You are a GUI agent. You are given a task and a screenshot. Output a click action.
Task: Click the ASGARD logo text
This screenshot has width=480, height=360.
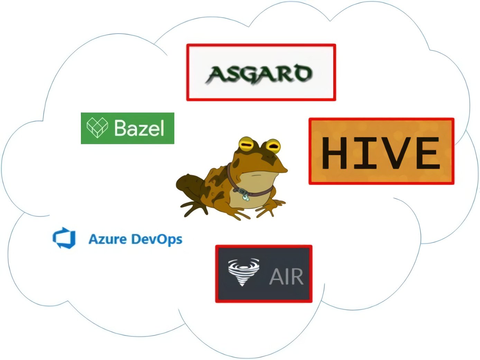tap(259, 74)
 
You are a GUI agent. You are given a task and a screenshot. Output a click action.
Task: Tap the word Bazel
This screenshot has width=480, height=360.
tap(139, 128)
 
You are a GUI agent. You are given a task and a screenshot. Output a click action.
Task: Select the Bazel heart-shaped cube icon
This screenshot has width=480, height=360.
tap(97, 127)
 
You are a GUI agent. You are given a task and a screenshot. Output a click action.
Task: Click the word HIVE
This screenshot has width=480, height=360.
tap(381, 153)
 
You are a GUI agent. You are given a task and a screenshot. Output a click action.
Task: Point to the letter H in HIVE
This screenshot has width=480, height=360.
tap(334, 153)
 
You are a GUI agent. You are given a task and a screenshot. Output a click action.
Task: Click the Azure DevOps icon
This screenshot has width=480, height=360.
tap(64, 238)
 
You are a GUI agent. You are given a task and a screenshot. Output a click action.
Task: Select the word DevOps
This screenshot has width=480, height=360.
tap(157, 240)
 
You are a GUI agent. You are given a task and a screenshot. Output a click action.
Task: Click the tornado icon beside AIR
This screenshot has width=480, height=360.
tap(243, 272)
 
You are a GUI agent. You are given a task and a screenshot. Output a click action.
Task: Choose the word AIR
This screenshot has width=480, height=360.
tap(286, 276)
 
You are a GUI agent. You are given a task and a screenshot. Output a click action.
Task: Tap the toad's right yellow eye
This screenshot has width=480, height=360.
tap(273, 146)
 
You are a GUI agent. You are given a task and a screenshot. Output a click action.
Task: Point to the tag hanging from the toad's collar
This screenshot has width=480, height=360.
tap(245, 197)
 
